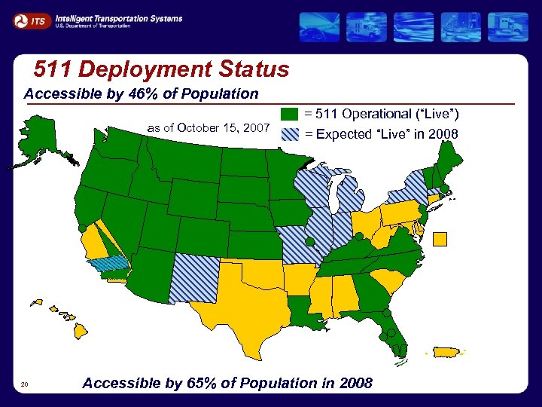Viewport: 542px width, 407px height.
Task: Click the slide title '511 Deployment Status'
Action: tap(161, 70)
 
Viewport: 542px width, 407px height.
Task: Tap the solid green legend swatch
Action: tap(291, 115)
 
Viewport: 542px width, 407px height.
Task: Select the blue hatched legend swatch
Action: tap(291, 135)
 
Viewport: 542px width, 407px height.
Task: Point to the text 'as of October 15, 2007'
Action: tap(208, 128)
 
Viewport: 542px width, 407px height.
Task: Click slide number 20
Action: tap(25, 385)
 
